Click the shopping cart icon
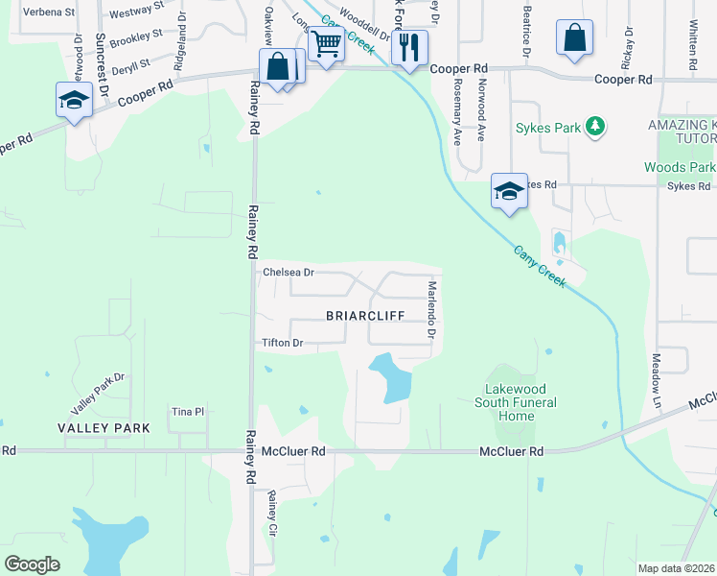326,43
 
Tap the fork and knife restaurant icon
409,47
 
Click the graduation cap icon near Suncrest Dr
74,101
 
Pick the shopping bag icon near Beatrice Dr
574,38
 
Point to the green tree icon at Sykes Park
595,126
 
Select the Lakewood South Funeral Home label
517,402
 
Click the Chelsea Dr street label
289,273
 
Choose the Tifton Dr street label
282,343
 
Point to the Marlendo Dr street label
432,310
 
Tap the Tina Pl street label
188,412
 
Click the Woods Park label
679,167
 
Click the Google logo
33,564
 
